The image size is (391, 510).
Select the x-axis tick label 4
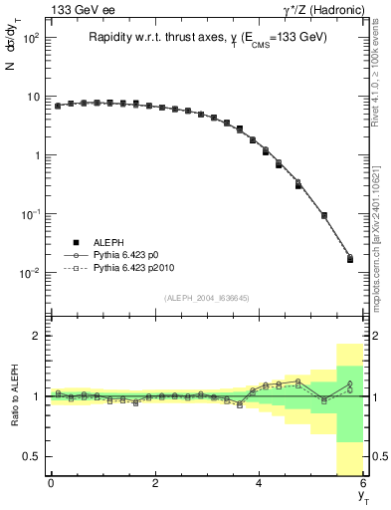click(259, 483)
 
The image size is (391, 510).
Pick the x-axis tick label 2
click(155, 483)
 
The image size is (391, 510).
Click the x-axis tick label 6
click(363, 483)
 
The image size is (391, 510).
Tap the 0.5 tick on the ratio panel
click(32, 456)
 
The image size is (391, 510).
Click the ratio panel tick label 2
click(36, 337)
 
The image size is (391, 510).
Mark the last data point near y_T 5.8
click(349, 259)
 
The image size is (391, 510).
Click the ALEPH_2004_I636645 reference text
click(207, 298)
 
